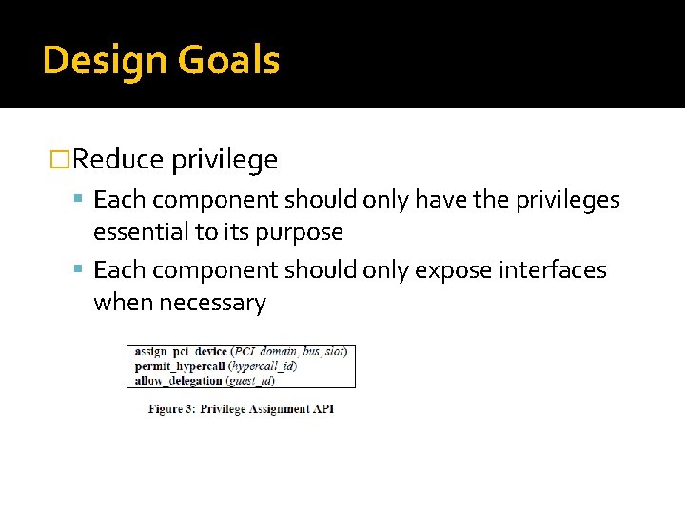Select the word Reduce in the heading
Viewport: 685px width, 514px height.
pyautogui.click(x=119, y=160)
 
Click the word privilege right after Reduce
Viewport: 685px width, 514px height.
pyautogui.click(x=225, y=160)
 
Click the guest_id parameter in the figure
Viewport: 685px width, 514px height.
pyautogui.click(x=252, y=380)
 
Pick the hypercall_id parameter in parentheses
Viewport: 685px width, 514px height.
pyautogui.click(x=264, y=366)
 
